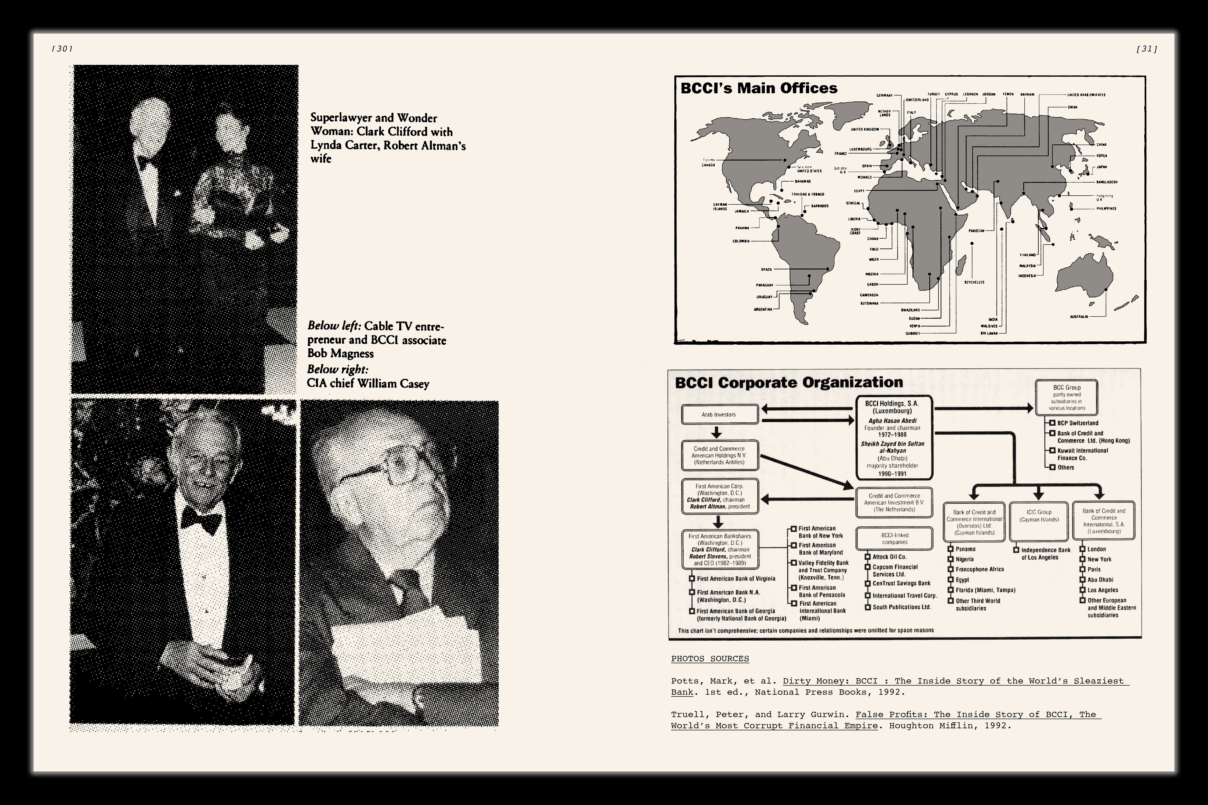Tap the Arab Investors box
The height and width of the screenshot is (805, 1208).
tap(719, 414)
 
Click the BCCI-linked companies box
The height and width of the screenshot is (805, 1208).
tap(894, 539)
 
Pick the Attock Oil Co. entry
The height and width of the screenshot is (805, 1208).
tap(889, 557)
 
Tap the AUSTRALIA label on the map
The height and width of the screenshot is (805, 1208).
tap(1079, 317)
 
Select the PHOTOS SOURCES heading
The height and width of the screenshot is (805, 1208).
tap(710, 659)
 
